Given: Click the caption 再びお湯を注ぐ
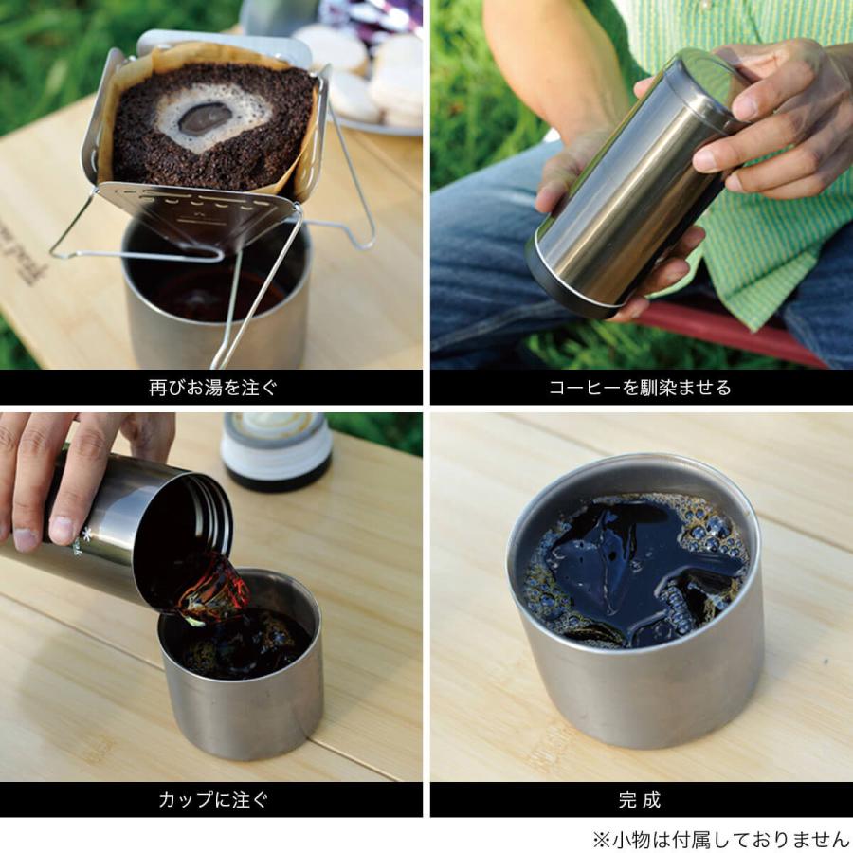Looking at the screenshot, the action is [x=212, y=388].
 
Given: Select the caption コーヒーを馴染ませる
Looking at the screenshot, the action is [x=640, y=388].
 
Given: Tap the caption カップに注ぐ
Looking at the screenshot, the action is [x=213, y=800].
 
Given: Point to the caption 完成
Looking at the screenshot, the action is [x=640, y=800].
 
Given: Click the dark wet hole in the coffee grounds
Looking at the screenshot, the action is [x=206, y=118].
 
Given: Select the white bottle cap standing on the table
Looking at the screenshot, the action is [x=277, y=450].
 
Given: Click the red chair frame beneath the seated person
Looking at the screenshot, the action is [x=729, y=331].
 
